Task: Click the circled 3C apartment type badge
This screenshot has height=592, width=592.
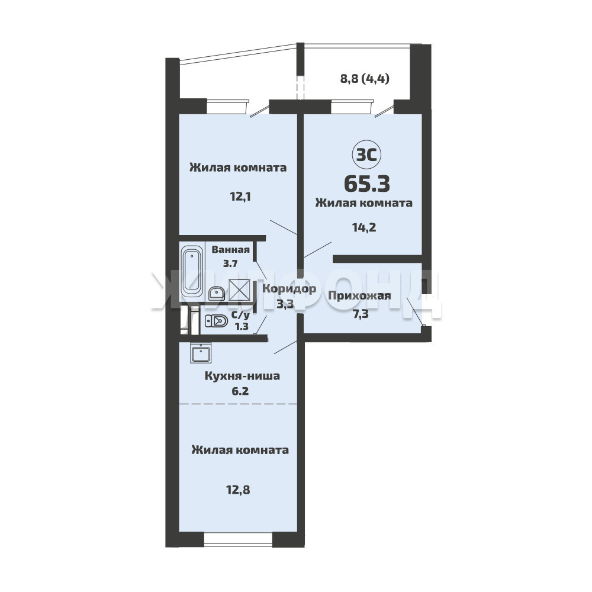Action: pyautogui.click(x=366, y=155)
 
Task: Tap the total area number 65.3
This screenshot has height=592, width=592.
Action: pyautogui.click(x=367, y=184)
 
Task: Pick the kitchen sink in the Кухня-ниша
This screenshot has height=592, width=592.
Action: pyautogui.click(x=201, y=353)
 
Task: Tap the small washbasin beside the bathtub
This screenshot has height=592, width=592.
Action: pyautogui.click(x=216, y=294)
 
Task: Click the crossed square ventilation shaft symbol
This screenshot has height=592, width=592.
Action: pyautogui.click(x=239, y=290)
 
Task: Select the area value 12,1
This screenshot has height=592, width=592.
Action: pyautogui.click(x=240, y=197)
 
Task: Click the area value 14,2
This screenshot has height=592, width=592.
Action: pyautogui.click(x=364, y=228)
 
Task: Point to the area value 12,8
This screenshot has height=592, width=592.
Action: pyautogui.click(x=238, y=490)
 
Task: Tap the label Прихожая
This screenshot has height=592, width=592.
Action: pyautogui.click(x=359, y=295)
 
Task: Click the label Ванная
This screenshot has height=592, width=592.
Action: pyautogui.click(x=230, y=250)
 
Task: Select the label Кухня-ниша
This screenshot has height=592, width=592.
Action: pyautogui.click(x=242, y=376)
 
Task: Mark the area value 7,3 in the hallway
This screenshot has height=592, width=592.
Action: pyautogui.click(x=361, y=314)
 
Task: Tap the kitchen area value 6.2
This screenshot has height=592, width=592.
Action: pyautogui.click(x=240, y=391)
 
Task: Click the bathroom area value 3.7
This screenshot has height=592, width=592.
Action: pyautogui.click(x=230, y=263)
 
